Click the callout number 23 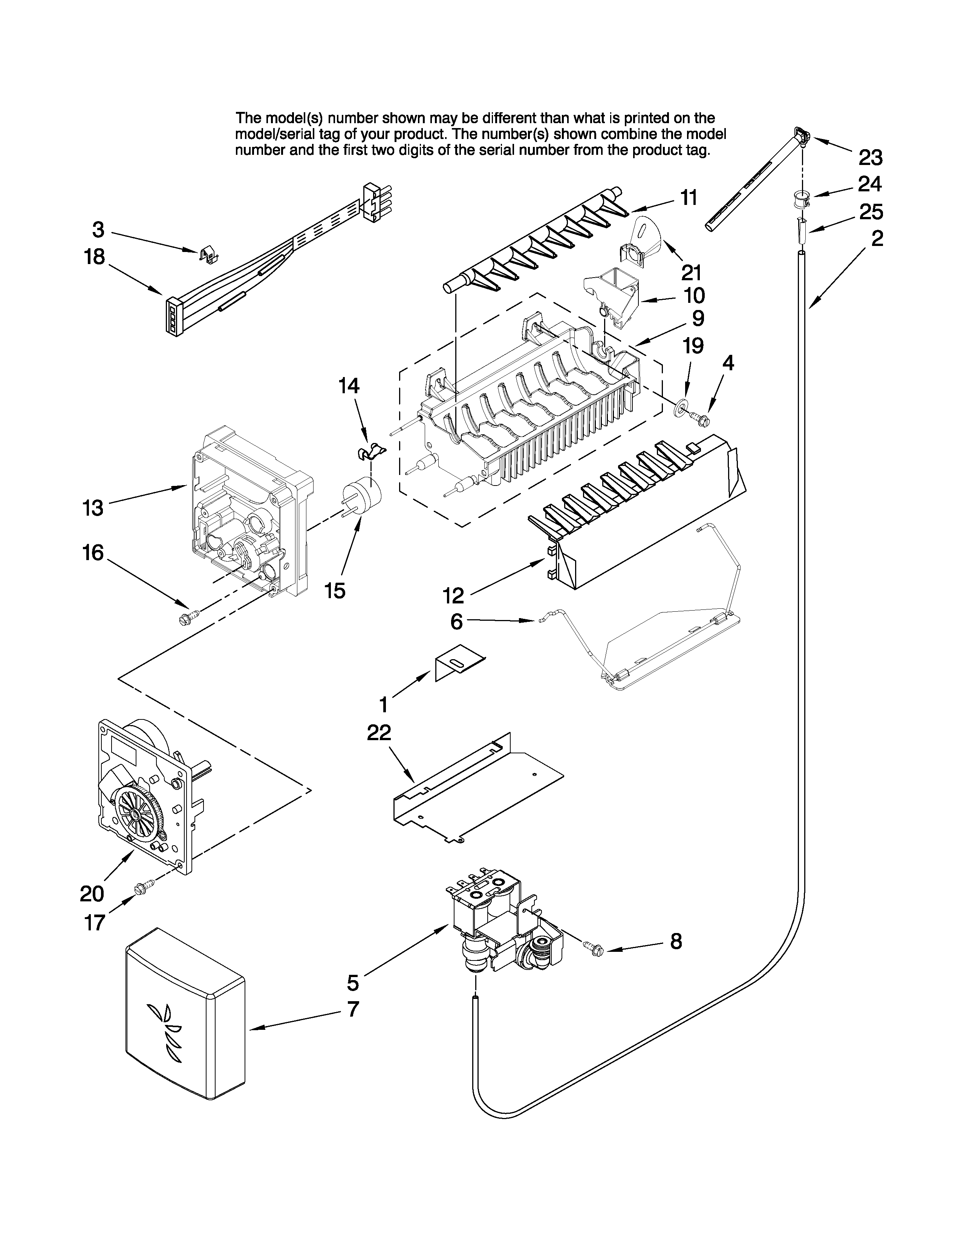click(870, 157)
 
